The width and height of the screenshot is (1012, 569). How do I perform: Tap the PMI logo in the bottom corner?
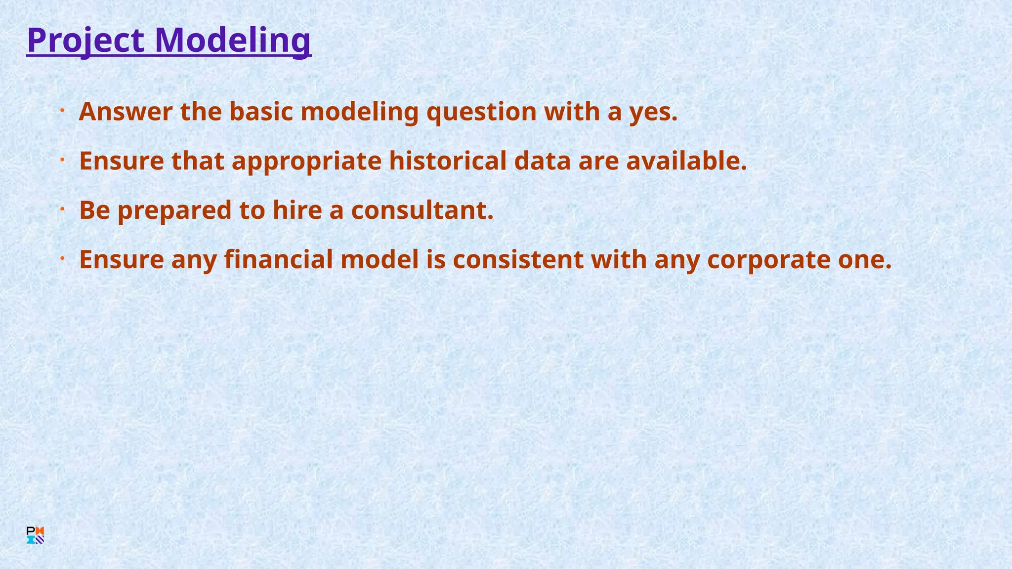pyautogui.click(x=36, y=535)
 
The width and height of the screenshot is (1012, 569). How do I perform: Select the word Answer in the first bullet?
pyautogui.click(x=126, y=112)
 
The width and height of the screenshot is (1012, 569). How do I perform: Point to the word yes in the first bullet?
pyautogui.click(x=652, y=112)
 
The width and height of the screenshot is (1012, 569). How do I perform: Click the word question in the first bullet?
pyautogui.click(x=481, y=112)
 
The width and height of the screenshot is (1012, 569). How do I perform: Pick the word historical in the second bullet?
pyautogui.click(x=448, y=161)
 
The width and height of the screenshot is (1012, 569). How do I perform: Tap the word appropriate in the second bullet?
pyautogui.click(x=306, y=161)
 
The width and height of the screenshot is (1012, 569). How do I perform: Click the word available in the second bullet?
pyautogui.click(x=686, y=161)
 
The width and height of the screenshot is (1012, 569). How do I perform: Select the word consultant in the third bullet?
pyautogui.click(x=422, y=210)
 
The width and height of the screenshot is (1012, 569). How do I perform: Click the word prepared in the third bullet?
pyautogui.click(x=174, y=210)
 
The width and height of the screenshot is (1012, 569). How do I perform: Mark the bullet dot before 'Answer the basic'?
pyautogui.click(x=63, y=111)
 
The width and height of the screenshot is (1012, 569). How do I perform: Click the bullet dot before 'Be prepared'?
pyautogui.click(x=63, y=209)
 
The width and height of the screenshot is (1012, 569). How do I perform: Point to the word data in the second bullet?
pyautogui.click(x=543, y=161)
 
